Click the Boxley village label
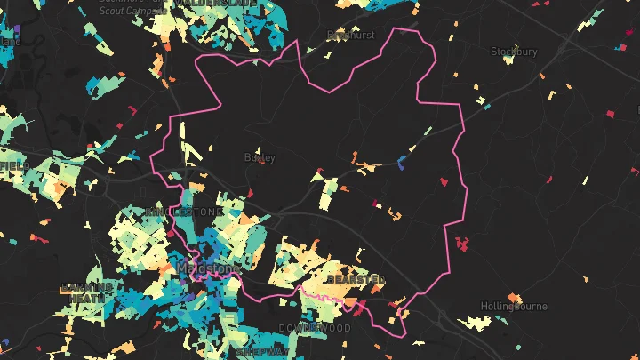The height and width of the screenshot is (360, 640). coord(260,157)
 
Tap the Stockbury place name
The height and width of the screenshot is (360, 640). coord(514,52)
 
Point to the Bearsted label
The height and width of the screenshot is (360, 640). coord(356,279)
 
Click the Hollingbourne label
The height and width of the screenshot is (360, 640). coord(514,307)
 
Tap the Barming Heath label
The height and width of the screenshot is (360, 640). coord(86,292)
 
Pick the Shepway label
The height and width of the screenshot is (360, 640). coord(260,352)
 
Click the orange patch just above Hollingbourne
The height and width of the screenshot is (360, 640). coord(513,297)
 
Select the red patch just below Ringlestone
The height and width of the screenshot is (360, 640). coord(169,234)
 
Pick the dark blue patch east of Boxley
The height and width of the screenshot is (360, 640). coord(402,163)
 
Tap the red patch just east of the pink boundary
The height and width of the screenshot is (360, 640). coord(460,242)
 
